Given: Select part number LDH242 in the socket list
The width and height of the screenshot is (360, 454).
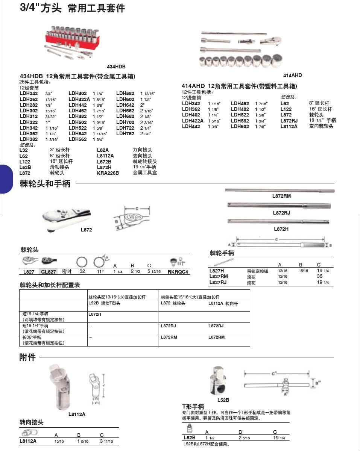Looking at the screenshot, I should pyautogui.click(x=29, y=94).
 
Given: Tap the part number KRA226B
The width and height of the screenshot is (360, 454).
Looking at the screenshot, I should pyautogui.click(x=108, y=173).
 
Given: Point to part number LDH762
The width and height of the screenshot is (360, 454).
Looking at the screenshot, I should pyautogui.click(x=125, y=133).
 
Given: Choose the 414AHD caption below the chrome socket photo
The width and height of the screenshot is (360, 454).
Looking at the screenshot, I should pyautogui.click(x=292, y=75).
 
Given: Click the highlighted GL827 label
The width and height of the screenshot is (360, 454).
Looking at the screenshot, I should pyautogui.click(x=49, y=272).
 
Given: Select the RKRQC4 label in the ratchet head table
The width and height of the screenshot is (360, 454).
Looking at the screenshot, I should pyautogui.click(x=178, y=272).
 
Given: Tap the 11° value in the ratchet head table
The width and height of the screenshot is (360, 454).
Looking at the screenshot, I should pyautogui.click(x=100, y=271).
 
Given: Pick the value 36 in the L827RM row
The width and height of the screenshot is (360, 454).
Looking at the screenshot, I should pyautogui.click(x=320, y=276).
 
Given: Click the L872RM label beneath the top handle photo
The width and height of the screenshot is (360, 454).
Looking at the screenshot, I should pyautogui.click(x=281, y=196).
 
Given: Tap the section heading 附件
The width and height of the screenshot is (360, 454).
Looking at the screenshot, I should pyautogui.click(x=27, y=357).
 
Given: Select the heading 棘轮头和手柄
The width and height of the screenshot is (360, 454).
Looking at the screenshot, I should pyautogui.click(x=45, y=184).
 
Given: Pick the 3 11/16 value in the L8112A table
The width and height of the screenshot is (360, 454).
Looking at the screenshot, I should pyautogui.click(x=106, y=441).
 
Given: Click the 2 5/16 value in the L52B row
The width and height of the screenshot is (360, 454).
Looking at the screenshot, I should pyautogui.click(x=244, y=438).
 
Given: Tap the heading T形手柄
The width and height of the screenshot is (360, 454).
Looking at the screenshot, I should pyautogui.click(x=193, y=407).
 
